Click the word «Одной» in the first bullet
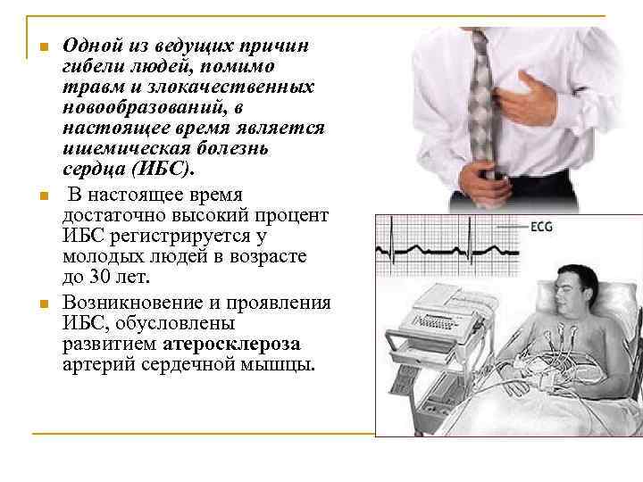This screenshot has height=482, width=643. click(90, 46)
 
